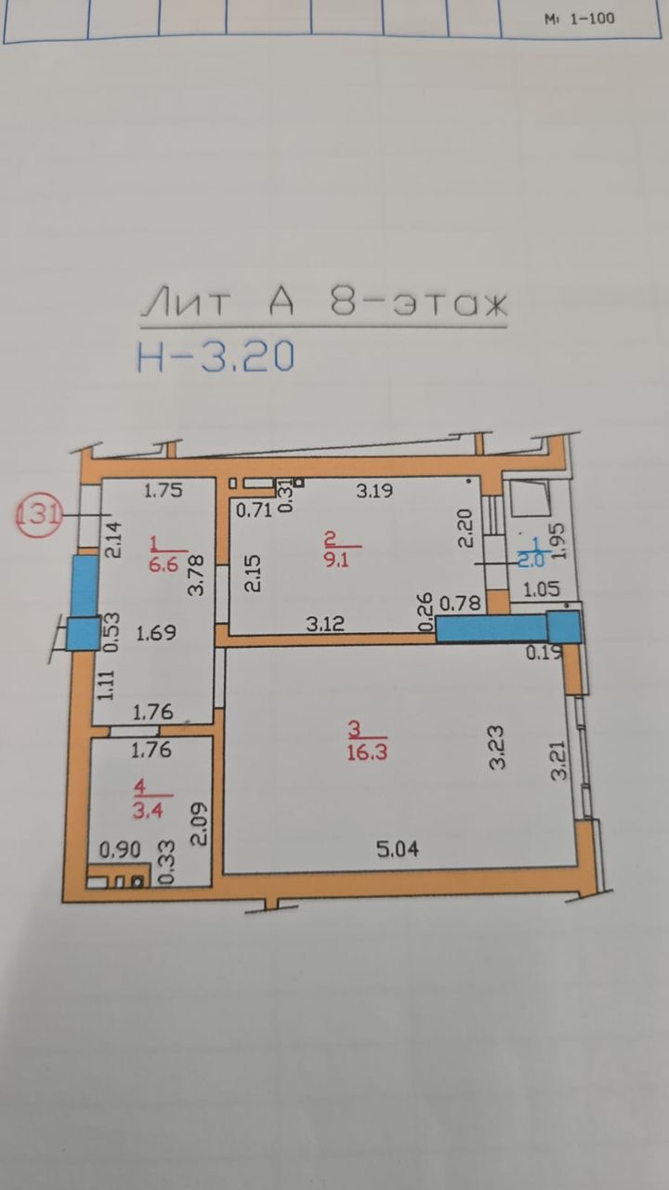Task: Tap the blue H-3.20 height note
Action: [x=216, y=356]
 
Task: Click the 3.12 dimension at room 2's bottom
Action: [x=326, y=624]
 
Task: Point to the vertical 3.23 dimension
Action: [x=498, y=746]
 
